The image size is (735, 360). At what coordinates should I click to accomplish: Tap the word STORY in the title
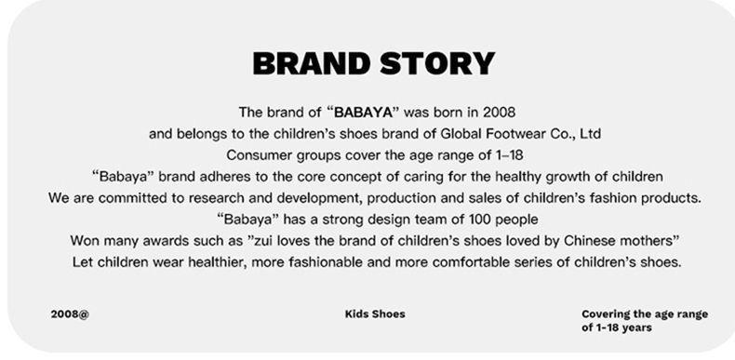coord(437,63)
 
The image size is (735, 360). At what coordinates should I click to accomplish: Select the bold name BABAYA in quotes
coord(363,113)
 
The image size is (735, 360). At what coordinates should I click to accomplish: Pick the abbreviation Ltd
coord(590,134)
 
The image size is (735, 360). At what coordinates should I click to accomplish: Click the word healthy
coord(522,177)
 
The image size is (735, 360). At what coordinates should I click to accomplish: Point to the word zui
coord(263,241)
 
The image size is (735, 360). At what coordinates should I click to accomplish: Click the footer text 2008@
coord(70,314)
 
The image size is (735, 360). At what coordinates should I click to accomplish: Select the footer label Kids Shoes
coord(375,314)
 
